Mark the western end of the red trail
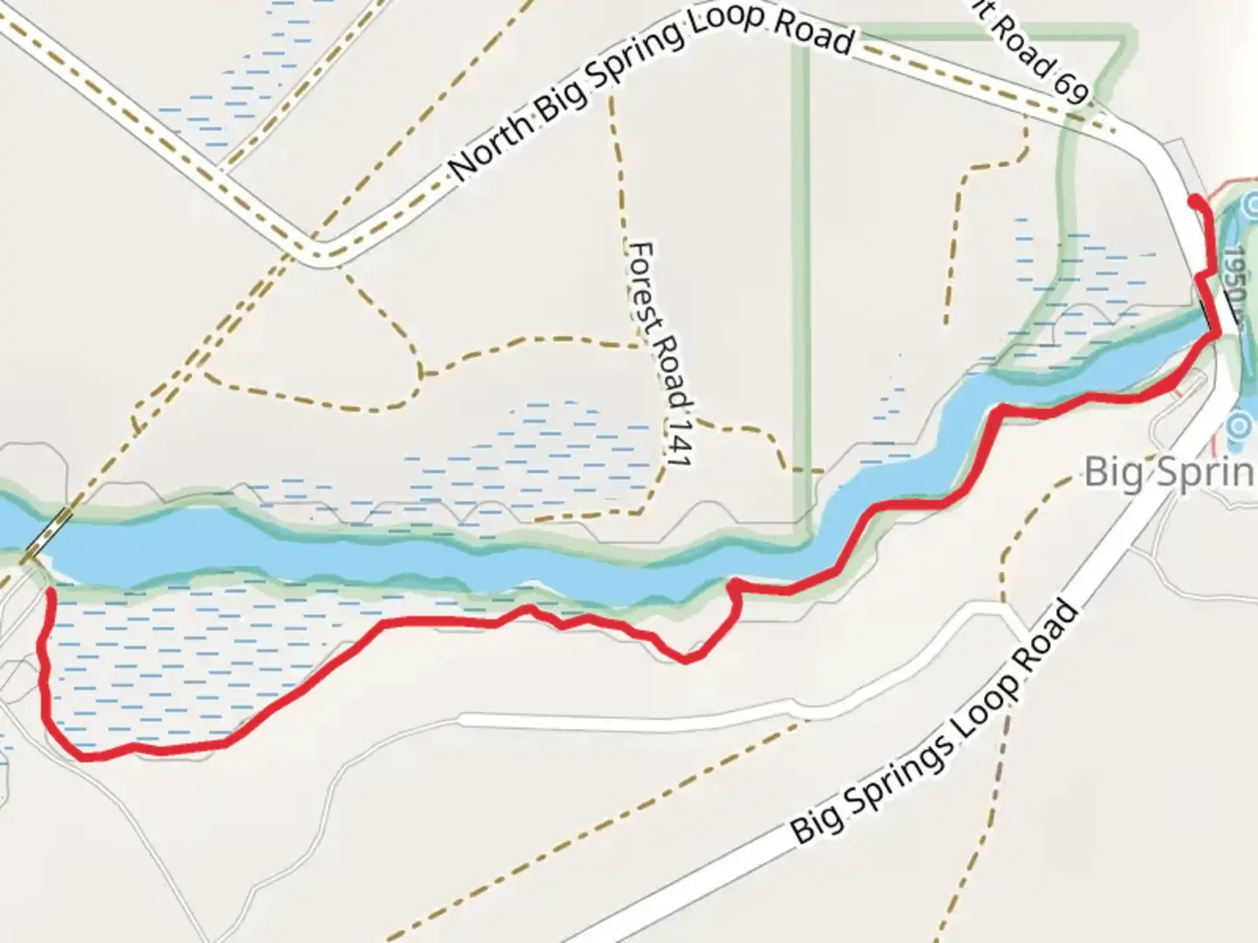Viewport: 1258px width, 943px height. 51,593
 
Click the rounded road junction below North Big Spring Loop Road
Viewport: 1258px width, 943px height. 320,254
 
